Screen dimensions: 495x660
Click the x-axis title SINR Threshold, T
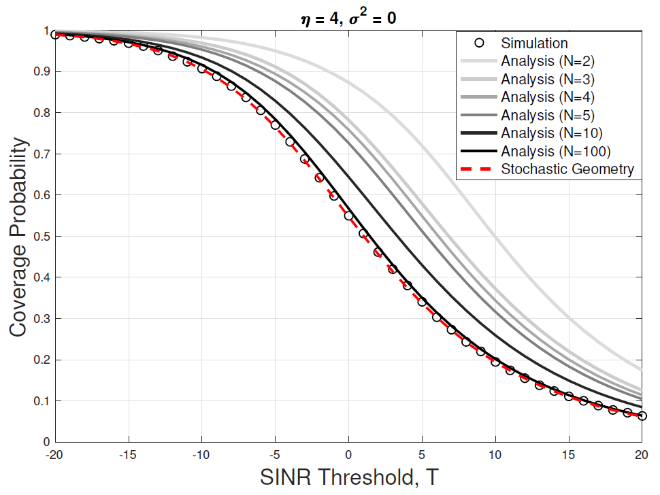coord(349,478)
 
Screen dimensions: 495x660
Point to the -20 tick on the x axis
coord(55,454)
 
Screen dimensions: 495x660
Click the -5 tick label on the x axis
coord(275,454)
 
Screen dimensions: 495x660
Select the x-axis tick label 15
coord(569,454)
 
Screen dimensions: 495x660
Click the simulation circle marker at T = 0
coord(349,216)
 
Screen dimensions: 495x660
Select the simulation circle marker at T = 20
coord(642,415)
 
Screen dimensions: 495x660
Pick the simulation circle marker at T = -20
coord(56,35)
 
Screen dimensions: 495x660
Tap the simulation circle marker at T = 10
coord(495,362)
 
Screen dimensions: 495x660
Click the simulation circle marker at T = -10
coord(202,69)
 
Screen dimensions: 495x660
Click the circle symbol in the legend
coord(479,43)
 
